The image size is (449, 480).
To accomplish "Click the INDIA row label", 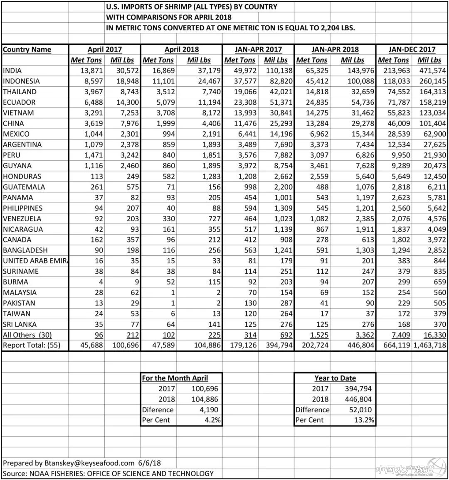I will point(12,71).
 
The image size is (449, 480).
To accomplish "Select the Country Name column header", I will point(27,49).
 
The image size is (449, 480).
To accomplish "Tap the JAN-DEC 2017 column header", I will point(412,49).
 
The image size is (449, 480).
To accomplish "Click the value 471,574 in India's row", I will point(429,71).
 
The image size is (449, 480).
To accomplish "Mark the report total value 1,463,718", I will point(429,345).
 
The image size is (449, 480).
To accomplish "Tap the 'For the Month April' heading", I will point(175,378).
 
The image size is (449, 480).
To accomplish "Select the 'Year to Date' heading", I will point(335,378).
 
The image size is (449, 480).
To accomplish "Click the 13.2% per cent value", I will point(365,420).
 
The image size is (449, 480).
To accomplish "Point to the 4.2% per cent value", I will point(211,420).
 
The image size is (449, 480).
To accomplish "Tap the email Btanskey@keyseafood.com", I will point(89,463).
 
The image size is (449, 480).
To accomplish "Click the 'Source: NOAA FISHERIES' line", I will point(108,473).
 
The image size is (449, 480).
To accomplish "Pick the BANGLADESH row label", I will point(25,250).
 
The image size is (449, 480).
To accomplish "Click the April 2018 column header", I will point(182,49).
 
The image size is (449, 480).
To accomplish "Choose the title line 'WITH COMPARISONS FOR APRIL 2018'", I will point(169,17).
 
